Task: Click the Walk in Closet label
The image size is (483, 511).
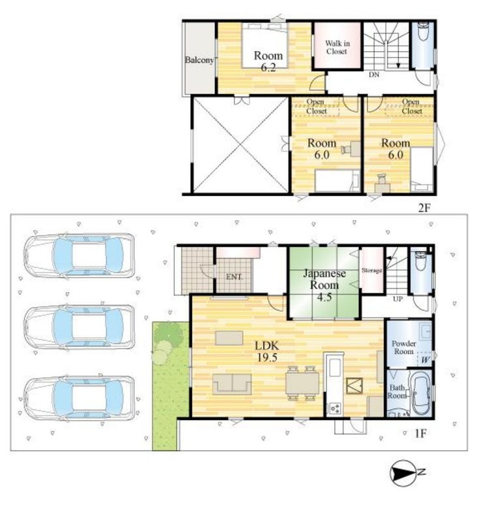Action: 337,47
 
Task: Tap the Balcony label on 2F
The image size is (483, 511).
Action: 200,60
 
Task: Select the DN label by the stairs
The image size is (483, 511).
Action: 374,74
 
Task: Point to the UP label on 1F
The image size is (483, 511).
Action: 397,299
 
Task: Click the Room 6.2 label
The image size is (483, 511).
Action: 268,61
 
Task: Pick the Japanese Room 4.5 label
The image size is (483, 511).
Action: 324,285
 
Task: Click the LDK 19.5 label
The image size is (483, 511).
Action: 267,352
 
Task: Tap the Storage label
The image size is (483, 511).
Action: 371,270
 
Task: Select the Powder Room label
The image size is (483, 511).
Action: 404,348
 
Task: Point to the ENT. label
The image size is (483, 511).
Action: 234,277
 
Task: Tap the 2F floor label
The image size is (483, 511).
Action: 424,208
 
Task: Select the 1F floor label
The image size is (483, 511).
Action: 420,433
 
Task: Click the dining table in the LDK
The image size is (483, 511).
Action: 302,383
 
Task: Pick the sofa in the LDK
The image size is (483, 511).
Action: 232,384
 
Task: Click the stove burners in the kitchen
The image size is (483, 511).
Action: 335,408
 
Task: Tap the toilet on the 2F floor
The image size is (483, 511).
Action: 423,31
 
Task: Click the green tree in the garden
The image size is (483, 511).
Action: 168,333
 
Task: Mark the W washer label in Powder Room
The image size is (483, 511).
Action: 425,360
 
